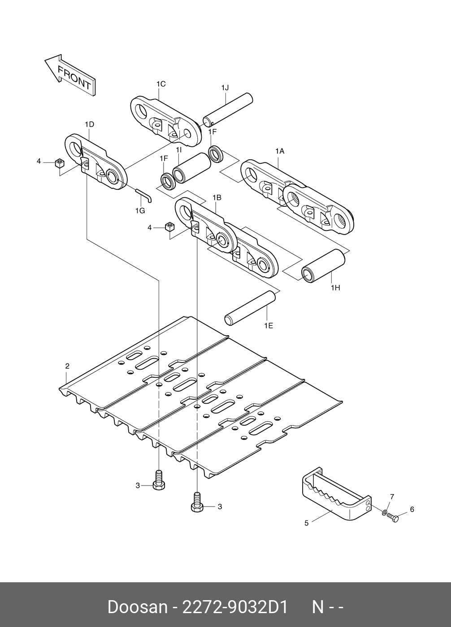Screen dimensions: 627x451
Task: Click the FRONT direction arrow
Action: tap(69, 74)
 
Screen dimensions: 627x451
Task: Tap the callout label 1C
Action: tap(161, 84)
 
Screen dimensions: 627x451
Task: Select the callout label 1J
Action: tap(225, 88)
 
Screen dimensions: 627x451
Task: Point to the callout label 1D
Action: tap(89, 124)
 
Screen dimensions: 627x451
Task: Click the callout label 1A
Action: tap(280, 151)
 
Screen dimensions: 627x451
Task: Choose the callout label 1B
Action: tap(217, 197)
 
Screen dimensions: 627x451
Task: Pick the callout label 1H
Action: tap(335, 288)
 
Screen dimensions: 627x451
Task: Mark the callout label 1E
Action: tap(268, 325)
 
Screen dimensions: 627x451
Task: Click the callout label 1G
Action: tap(140, 210)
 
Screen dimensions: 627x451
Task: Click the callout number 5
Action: tap(307, 523)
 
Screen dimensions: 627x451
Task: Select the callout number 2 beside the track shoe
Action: tap(67, 366)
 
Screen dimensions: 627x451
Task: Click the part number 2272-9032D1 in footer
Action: tap(233, 607)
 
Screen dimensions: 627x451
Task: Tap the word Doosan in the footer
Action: tap(137, 607)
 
